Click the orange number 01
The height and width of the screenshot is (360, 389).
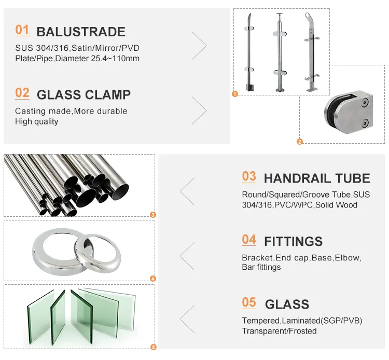pyautogui.click(x=22, y=30)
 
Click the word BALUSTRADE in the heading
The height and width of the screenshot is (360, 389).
pyautogui.click(x=80, y=32)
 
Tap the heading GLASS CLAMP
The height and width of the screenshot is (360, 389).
pyautogui.click(x=84, y=95)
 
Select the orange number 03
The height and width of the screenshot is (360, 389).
pyautogui.click(x=249, y=176)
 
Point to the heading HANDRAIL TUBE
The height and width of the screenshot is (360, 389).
pyautogui.click(x=317, y=179)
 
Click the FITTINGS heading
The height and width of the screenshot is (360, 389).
pyautogui.click(x=293, y=241)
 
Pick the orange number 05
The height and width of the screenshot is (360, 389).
pyautogui.click(x=249, y=302)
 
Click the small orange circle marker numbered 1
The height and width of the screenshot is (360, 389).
pyautogui.click(x=235, y=94)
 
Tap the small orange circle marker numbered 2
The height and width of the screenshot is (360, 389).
pyautogui.click(x=299, y=141)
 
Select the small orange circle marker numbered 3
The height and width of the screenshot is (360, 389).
pyautogui.click(x=152, y=215)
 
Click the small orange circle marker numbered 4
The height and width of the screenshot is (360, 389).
pyautogui.click(x=152, y=279)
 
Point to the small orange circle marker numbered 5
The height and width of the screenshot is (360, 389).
pyautogui.click(x=152, y=347)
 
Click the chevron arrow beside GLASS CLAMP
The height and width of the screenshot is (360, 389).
pyautogui.click(x=199, y=109)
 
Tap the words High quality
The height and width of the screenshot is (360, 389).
pyautogui.click(x=36, y=121)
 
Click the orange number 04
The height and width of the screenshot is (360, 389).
pyautogui.click(x=249, y=240)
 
